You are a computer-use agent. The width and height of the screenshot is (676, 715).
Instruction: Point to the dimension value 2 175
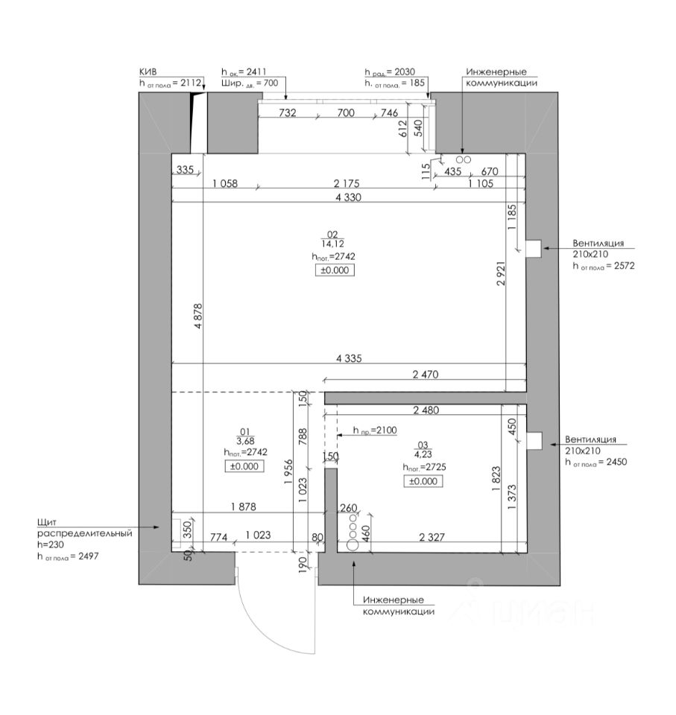coord(350,183)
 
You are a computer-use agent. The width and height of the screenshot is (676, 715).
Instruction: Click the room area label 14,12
coord(332,244)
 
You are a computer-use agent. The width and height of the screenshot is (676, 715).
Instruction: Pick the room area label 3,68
coord(245,440)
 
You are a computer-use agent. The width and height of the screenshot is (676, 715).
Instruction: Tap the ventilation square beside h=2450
coord(534,441)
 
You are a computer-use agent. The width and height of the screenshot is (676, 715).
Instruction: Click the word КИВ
coord(148,71)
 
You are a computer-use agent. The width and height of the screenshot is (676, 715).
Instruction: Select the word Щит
coord(47,522)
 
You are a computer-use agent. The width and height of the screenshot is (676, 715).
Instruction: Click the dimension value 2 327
coord(436,537)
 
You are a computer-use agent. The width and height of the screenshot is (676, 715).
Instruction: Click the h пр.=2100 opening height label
coord(359,430)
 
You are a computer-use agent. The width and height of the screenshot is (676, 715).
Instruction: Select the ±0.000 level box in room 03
coord(423,482)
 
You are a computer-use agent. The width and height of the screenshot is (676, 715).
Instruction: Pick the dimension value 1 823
coord(496,477)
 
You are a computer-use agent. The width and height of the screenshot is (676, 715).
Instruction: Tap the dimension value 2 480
coord(426,410)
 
